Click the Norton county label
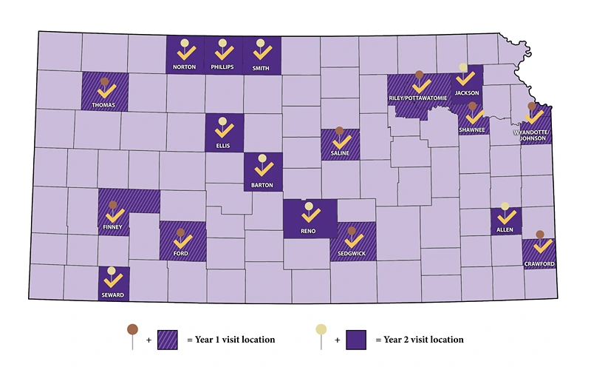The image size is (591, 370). point(185,67)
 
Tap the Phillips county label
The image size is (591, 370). point(222,67)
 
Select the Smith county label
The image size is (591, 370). point(261,67)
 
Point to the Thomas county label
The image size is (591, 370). point(103,105)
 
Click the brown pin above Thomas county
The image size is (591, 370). point(105,81)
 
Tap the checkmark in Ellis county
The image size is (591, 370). point(222,132)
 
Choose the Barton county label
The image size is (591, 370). point(262,185)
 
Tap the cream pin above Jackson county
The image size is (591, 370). point(464,67)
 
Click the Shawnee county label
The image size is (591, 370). point(472,129)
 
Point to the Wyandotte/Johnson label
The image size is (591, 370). point(532,136)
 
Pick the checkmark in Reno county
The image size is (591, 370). point(310,215)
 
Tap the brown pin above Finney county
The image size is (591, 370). point(112,205)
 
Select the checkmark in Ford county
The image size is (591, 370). point(181,242)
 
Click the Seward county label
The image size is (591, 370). point(113,295)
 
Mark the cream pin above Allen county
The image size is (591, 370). point(505,206)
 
